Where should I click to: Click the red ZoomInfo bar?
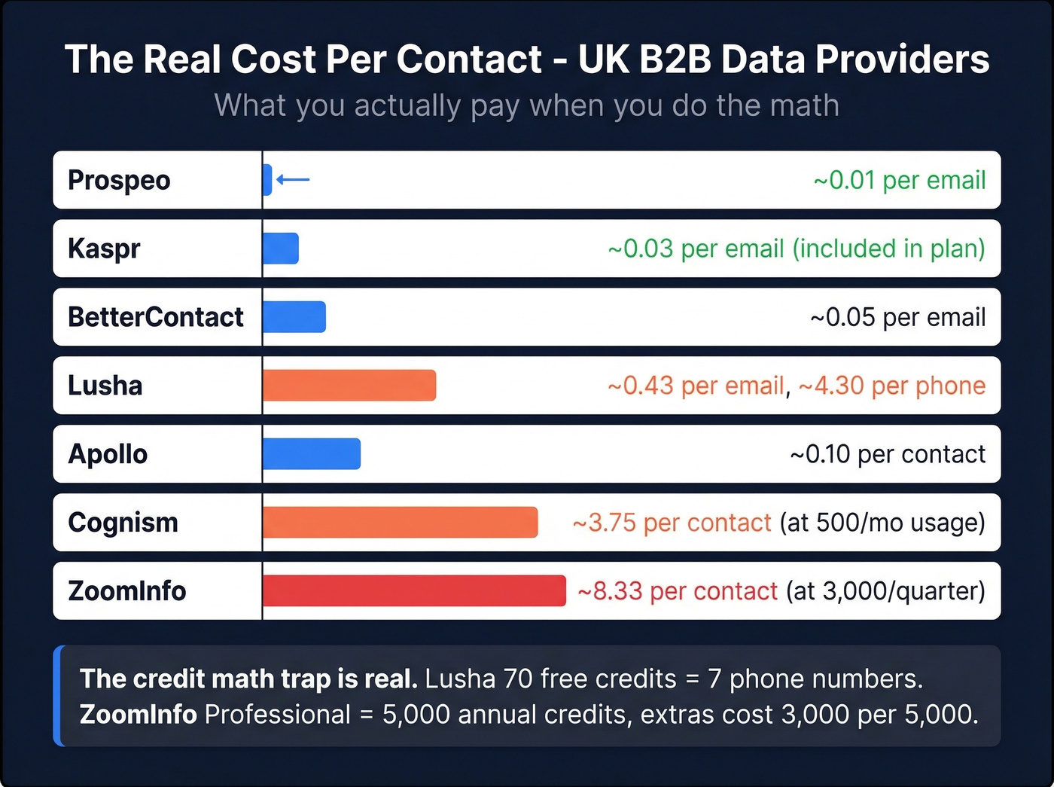tap(414, 590)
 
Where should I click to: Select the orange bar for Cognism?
tap(400, 522)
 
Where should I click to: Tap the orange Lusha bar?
tap(349, 385)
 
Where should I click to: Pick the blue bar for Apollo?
tap(312, 453)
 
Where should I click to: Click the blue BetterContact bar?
tap(294, 316)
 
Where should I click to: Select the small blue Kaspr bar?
tap(281, 248)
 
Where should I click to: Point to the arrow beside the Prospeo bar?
tap(293, 179)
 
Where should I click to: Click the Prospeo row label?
tap(119, 180)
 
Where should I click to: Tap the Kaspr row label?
tap(104, 249)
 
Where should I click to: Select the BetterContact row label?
tap(155, 317)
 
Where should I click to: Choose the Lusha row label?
tap(105, 386)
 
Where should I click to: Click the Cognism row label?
tap(123, 523)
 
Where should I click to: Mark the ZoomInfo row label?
tap(126, 591)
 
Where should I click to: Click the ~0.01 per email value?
tap(899, 180)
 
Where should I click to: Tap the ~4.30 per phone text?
tap(891, 386)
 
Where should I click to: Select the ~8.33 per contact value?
tap(677, 591)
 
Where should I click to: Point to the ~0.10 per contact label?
tap(887, 454)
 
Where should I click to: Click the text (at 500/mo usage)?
tap(882, 523)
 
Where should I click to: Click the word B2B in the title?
tap(675, 59)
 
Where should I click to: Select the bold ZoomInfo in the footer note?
tap(139, 714)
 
